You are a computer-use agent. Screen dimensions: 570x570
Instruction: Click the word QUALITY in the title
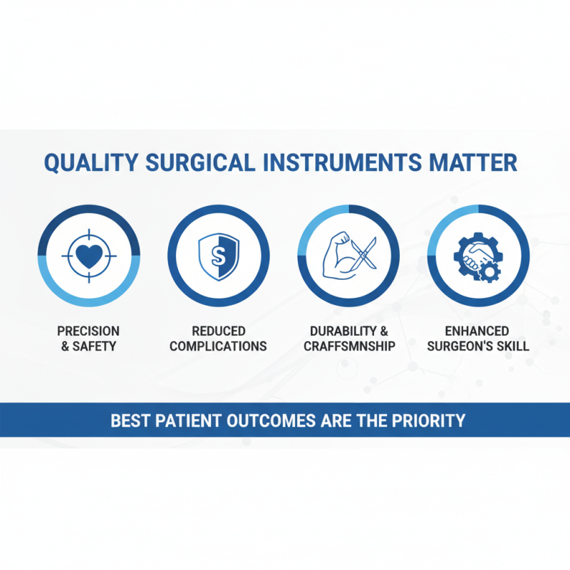[x=90, y=162]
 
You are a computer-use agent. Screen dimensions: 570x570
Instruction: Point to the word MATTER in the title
[x=472, y=162]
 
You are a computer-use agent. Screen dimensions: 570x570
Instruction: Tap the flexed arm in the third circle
[x=341, y=255]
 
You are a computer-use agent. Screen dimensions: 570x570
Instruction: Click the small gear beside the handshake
[x=490, y=271]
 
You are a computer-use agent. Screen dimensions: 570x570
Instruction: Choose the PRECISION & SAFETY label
[x=88, y=338]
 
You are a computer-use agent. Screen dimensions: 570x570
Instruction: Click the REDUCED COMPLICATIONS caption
[x=218, y=338]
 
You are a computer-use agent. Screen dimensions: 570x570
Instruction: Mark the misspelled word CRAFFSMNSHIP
[x=349, y=346]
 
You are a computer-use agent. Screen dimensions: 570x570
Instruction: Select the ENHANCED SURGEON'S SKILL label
[x=477, y=338]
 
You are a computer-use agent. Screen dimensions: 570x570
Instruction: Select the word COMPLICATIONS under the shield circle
[x=218, y=346]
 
